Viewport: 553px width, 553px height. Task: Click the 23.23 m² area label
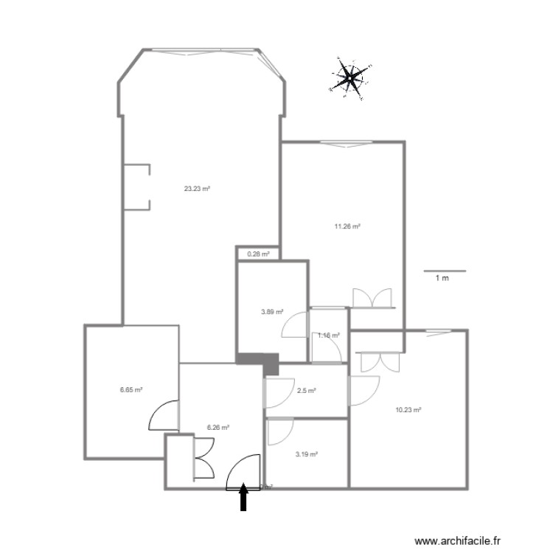click(x=198, y=189)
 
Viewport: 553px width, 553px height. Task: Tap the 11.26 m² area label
click(x=347, y=227)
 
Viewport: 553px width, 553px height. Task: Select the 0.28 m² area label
click(x=258, y=254)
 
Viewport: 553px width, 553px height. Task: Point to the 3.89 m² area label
click(x=273, y=313)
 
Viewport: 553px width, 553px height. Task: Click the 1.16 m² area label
click(x=328, y=335)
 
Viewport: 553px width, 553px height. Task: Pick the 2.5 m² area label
click(x=307, y=391)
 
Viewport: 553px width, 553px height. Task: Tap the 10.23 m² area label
click(x=408, y=410)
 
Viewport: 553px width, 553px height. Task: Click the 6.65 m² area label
click(x=131, y=390)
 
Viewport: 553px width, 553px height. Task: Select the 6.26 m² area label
click(x=219, y=427)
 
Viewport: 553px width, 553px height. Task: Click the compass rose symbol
click(x=350, y=77)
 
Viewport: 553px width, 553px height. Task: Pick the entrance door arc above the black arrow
click(x=243, y=472)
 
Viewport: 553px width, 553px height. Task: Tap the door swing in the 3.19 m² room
click(x=281, y=432)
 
